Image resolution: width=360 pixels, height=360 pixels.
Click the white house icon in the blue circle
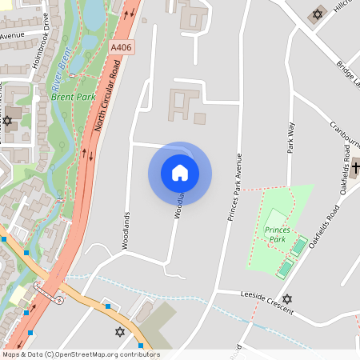(x=180, y=173)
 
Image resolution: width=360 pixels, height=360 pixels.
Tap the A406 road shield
(x=122, y=48)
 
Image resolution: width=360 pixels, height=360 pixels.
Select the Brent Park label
(x=74, y=97)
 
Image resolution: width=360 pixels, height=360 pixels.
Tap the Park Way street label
(x=291, y=138)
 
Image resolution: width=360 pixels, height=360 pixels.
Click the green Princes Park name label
(x=275, y=234)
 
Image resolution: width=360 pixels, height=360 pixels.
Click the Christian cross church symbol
(x=355, y=169)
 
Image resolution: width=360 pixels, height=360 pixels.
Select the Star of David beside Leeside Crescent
(x=287, y=298)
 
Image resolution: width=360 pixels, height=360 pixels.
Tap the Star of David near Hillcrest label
(x=317, y=14)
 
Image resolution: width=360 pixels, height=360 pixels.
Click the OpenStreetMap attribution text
(x=81, y=354)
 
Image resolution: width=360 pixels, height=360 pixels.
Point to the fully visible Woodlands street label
(x=126, y=230)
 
